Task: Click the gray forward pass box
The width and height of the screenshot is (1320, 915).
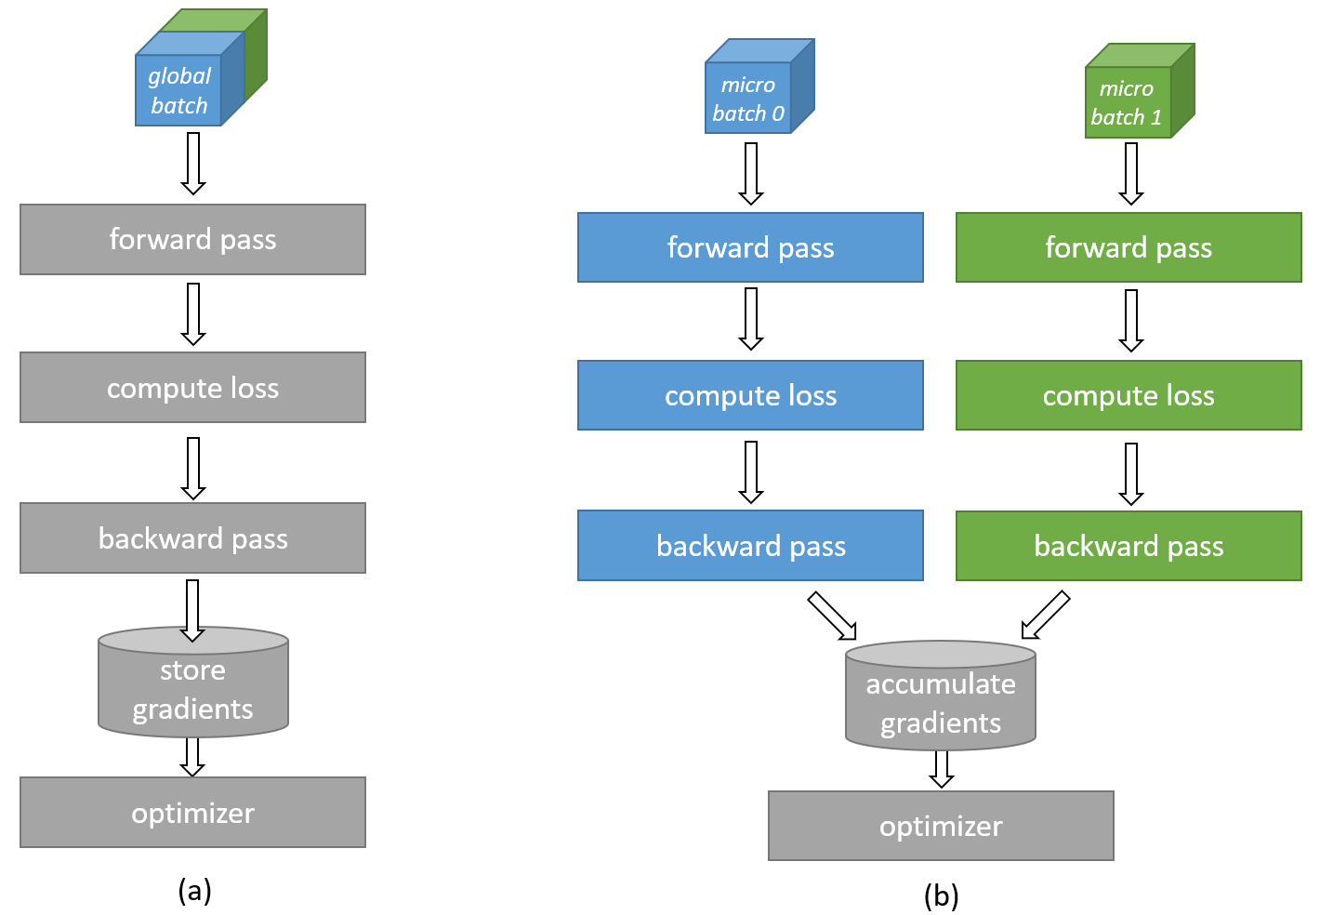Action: click(x=192, y=240)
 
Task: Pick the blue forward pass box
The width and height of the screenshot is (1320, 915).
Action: click(x=750, y=247)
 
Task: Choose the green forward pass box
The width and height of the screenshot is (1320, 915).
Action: click(x=1129, y=247)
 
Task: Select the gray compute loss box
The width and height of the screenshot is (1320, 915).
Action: click(x=192, y=388)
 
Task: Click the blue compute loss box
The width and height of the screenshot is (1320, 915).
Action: click(x=750, y=395)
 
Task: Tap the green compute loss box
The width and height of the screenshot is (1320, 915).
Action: click(x=1129, y=395)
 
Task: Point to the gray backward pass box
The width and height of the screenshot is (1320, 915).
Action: click(x=192, y=538)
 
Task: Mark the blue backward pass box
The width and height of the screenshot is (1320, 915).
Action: click(x=750, y=546)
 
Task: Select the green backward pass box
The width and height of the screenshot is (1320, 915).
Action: click(x=1129, y=546)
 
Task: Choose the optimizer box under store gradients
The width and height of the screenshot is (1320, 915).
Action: click(x=192, y=813)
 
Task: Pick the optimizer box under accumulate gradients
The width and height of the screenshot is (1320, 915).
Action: click(x=941, y=826)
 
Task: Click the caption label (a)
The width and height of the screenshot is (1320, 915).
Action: click(x=194, y=890)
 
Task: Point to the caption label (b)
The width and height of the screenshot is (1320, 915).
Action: click(x=941, y=895)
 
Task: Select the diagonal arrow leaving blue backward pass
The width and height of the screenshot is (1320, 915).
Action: click(x=832, y=616)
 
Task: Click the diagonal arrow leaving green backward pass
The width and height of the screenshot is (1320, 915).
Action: click(x=1046, y=615)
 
